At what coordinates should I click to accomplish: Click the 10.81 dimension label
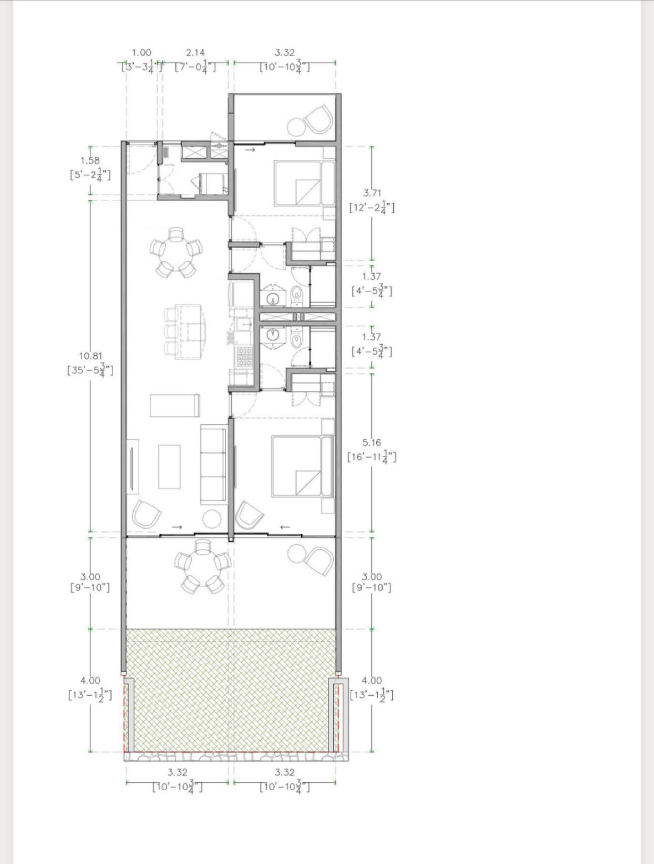coord(90,356)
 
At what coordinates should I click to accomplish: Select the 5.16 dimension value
coord(372,443)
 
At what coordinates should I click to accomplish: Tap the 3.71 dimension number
coord(372,193)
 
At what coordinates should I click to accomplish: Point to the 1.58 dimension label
coord(90,160)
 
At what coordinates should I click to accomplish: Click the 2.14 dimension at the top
coord(195,52)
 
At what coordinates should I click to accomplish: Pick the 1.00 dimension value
coord(141,52)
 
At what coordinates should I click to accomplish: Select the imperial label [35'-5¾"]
coord(90,370)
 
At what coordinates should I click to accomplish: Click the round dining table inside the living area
coord(176,252)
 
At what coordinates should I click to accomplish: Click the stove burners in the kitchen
coord(244,356)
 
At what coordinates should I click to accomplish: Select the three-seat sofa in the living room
coord(214,464)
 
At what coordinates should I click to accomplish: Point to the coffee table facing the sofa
coord(169,466)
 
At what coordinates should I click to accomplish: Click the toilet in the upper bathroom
coord(297,296)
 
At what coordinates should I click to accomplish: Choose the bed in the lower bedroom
coord(302,465)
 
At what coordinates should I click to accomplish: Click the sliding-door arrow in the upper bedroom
coord(250,149)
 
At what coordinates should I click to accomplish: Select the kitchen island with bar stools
coord(185,332)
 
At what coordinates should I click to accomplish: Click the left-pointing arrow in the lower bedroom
coord(285,527)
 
